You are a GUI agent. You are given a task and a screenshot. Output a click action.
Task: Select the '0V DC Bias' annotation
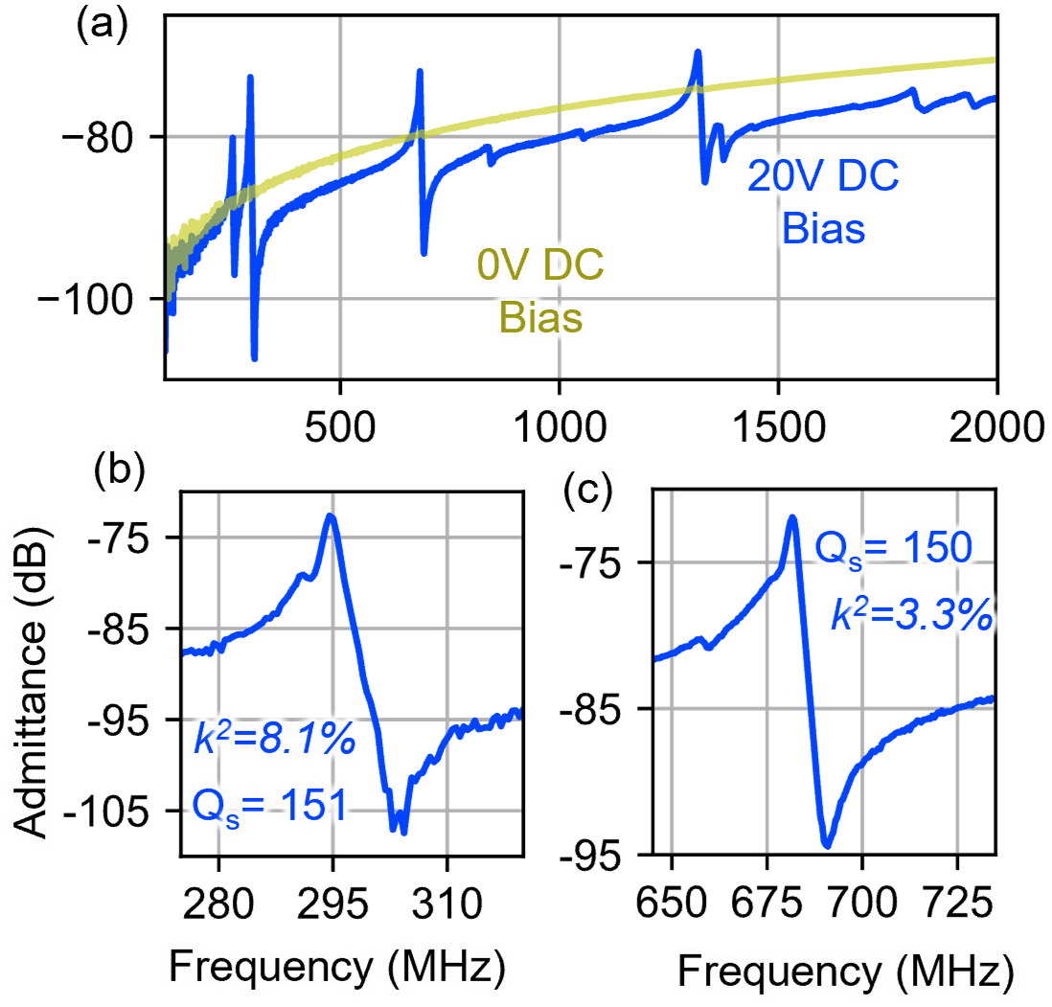[x=540, y=290]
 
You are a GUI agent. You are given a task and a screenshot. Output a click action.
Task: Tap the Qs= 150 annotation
[x=893, y=548]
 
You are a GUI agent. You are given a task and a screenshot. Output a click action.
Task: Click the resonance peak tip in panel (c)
[x=792, y=516]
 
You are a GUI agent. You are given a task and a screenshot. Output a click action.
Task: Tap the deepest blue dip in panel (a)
[x=255, y=358]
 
